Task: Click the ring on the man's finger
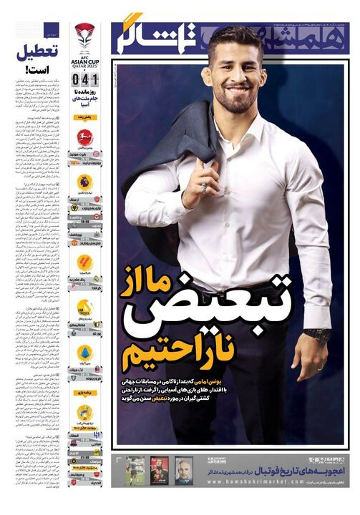click(x=203, y=188)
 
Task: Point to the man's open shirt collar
click(x=236, y=129)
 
